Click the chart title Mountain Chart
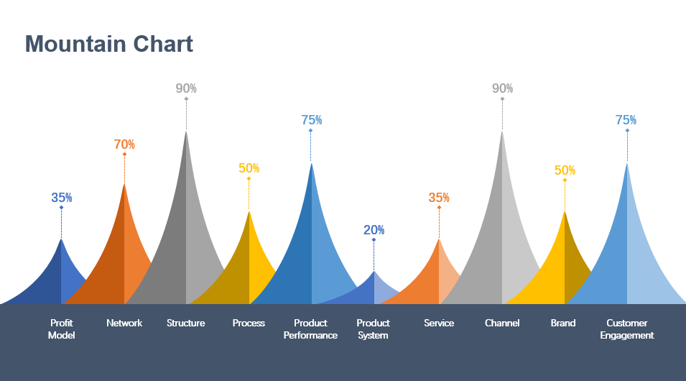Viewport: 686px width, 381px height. (x=109, y=45)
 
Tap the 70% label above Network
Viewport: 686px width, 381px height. (x=124, y=144)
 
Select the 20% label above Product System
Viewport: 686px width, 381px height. (x=374, y=230)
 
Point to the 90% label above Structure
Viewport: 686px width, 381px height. (x=186, y=88)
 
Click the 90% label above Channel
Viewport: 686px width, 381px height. (x=502, y=88)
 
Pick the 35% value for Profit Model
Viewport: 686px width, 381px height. (x=61, y=198)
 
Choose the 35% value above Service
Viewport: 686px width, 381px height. (x=439, y=198)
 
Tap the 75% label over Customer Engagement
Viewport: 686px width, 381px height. (x=626, y=120)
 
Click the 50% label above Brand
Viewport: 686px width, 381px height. (x=565, y=170)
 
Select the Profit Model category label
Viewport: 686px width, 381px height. (x=61, y=329)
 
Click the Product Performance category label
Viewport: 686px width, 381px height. (x=310, y=329)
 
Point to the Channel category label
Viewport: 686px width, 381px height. (x=502, y=323)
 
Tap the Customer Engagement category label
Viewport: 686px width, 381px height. (x=627, y=329)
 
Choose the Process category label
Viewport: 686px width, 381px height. (x=249, y=323)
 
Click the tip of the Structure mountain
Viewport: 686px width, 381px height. (x=186, y=131)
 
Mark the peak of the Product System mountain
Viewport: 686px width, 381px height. (x=374, y=272)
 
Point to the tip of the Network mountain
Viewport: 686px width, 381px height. (x=124, y=184)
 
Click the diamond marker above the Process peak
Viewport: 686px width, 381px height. (x=249, y=179)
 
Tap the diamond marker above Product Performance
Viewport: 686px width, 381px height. (x=310, y=131)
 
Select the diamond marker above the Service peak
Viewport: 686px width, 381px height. (x=439, y=208)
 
